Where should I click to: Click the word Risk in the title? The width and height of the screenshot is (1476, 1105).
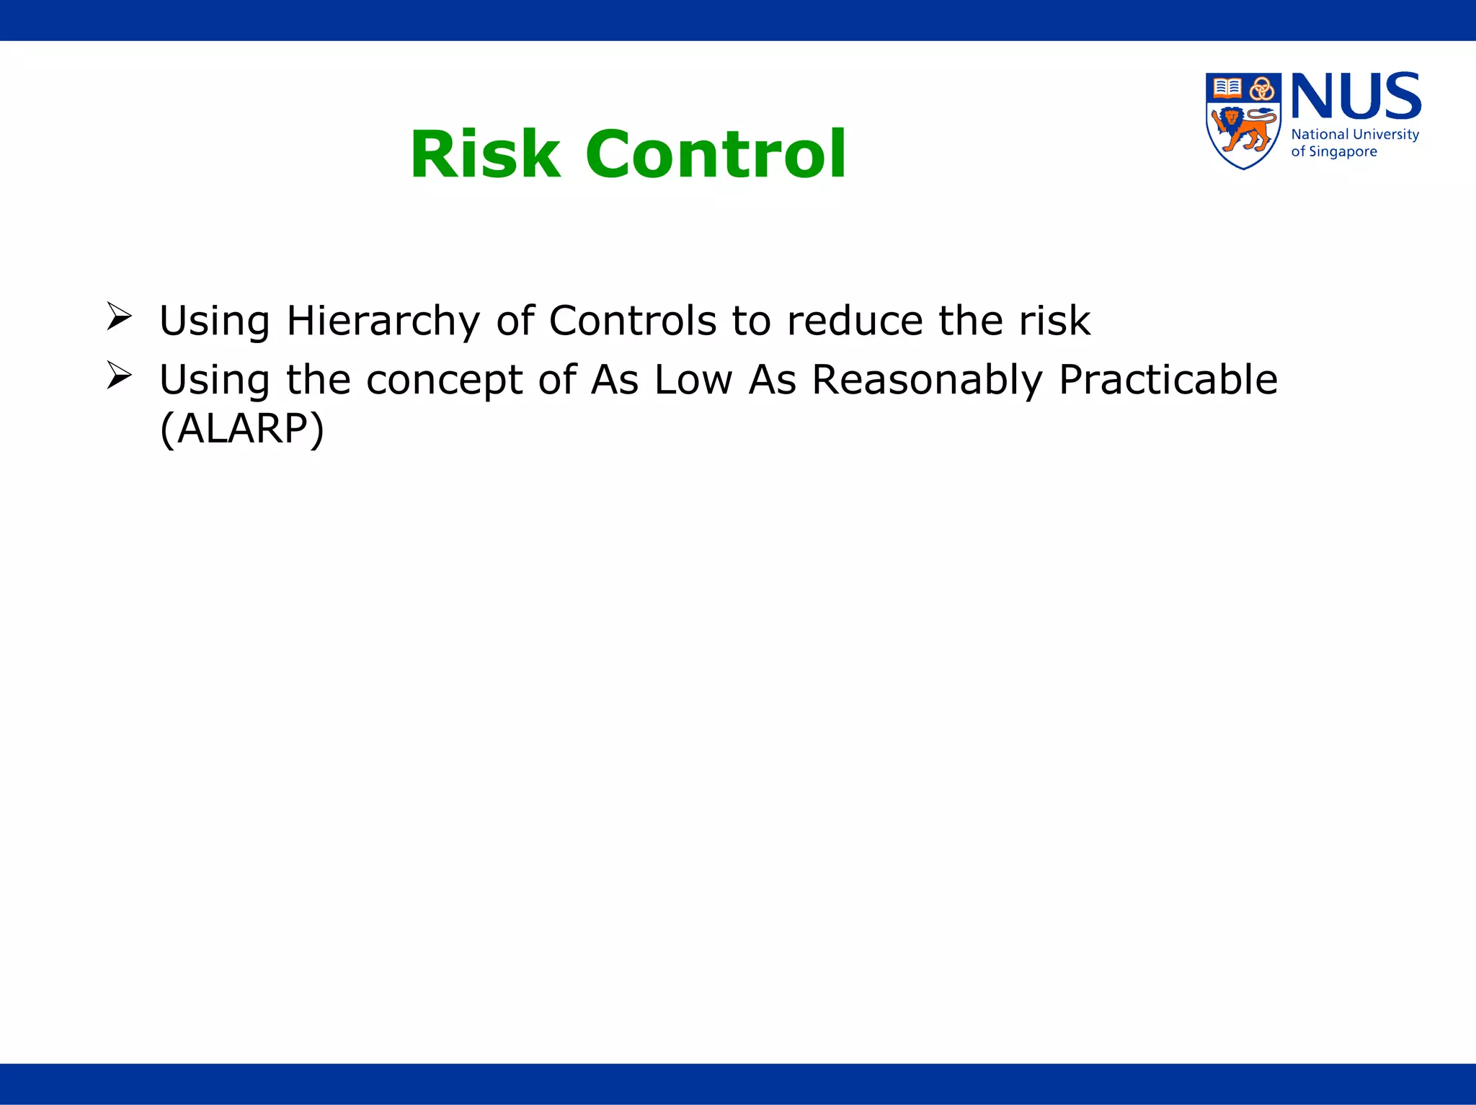(x=485, y=154)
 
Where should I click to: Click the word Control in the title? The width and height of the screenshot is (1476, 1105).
(x=716, y=154)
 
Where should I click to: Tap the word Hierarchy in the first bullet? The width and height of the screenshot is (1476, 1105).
(x=383, y=321)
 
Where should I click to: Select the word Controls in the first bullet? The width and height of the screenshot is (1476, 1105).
(x=633, y=321)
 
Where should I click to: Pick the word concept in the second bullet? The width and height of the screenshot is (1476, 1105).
(x=444, y=381)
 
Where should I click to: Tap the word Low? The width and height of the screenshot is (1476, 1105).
(x=693, y=380)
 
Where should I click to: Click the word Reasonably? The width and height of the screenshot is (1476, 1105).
(x=927, y=381)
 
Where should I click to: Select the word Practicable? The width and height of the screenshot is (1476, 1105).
(x=1168, y=380)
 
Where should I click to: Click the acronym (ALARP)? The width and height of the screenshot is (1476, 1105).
(x=242, y=430)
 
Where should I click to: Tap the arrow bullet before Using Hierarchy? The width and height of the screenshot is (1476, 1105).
(x=119, y=316)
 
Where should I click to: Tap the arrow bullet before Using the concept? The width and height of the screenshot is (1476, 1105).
(x=119, y=376)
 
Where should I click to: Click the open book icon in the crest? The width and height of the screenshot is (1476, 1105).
(x=1227, y=88)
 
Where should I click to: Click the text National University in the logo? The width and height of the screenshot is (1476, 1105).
(x=1355, y=135)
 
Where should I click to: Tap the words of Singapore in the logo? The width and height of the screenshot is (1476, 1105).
(x=1333, y=152)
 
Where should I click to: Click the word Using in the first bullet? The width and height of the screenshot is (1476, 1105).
(x=215, y=321)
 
